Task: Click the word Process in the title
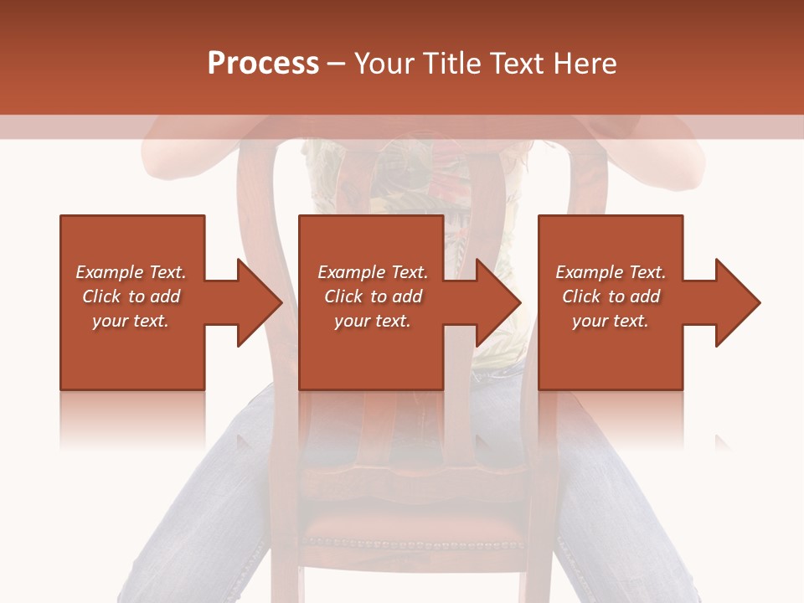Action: pos(263,64)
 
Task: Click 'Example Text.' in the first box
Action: pos(131,272)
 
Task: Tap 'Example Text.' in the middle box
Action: pos(372,272)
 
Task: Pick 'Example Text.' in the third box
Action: pos(611,272)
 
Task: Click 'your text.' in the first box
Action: pos(131,321)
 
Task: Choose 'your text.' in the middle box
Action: pos(372,321)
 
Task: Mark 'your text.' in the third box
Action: pos(611,321)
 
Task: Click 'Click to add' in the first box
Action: pos(131,296)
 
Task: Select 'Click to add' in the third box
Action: pos(611,296)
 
